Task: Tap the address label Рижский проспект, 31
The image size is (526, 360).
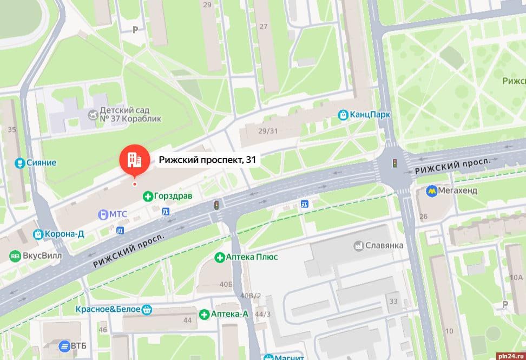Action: [207, 160]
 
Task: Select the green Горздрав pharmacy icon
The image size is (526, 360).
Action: [147, 196]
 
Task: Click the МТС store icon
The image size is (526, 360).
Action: [102, 214]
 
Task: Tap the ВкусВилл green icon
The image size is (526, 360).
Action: [16, 256]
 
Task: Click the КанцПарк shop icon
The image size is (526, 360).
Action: [343, 115]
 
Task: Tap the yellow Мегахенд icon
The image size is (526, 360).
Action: [431, 190]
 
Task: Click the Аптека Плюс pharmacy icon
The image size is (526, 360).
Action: [219, 257]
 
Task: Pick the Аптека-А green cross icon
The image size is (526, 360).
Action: [204, 314]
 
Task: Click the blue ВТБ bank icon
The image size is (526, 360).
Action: [64, 345]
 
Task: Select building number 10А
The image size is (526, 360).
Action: [516, 278]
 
